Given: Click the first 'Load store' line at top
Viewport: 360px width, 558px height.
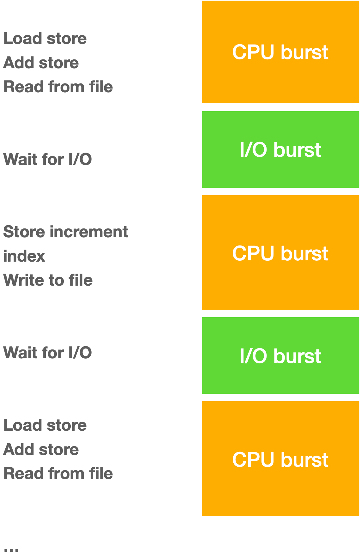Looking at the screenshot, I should pyautogui.click(x=45, y=39).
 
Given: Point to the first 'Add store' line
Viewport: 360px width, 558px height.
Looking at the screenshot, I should pyautogui.click(x=41, y=63).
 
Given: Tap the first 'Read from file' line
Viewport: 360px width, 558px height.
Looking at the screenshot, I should pyautogui.click(x=58, y=87).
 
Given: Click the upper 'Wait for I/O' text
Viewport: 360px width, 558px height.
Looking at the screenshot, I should pyautogui.click(x=47, y=159).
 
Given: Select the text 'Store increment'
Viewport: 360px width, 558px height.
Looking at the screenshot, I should pyautogui.click(x=66, y=232).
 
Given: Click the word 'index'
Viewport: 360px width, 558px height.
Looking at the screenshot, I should pyautogui.click(x=24, y=256).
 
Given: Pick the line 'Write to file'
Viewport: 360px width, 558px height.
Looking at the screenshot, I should pyautogui.click(x=48, y=280).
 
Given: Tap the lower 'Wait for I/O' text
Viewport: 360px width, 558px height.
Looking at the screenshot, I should pyautogui.click(x=47, y=352).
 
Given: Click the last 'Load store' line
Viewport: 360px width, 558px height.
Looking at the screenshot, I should pyautogui.click(x=45, y=425).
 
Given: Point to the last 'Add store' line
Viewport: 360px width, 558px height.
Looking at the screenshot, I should pyautogui.click(x=41, y=449).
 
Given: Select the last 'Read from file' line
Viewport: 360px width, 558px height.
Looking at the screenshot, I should pyautogui.click(x=58, y=474).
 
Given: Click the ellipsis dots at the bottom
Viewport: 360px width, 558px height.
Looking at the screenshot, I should pyautogui.click(x=11, y=550).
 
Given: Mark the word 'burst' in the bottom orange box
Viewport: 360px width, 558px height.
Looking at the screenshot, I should pyautogui.click(x=304, y=460).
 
